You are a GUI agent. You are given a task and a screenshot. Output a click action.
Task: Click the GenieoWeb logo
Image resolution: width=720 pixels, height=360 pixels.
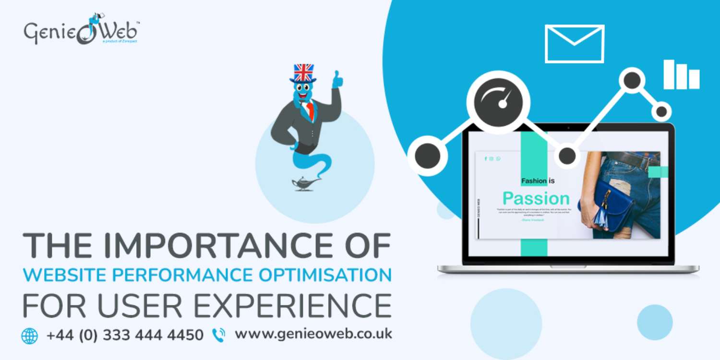pos(82,33)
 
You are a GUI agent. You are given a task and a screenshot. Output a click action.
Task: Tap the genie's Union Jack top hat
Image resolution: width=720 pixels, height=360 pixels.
pos(303,73)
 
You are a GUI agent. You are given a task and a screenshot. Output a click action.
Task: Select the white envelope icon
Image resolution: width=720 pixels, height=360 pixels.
pos(575,44)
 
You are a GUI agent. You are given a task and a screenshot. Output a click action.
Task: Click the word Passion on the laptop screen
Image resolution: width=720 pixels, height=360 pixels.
pos(536,198)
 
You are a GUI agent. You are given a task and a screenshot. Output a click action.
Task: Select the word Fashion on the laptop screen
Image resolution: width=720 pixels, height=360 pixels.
pos(534,181)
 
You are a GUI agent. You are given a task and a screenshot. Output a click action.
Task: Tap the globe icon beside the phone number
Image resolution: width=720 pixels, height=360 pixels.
pos(30,336)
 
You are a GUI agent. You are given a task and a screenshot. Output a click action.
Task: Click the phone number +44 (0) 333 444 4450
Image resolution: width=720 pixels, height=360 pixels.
pos(125,335)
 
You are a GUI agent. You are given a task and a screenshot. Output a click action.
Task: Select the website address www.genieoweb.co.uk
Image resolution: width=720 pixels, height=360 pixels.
pos(313,334)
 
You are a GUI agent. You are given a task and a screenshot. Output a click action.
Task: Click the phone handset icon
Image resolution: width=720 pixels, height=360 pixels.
pos(218,335)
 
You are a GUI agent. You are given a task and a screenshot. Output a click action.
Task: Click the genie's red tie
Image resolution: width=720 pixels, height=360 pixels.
pos(310,110)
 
